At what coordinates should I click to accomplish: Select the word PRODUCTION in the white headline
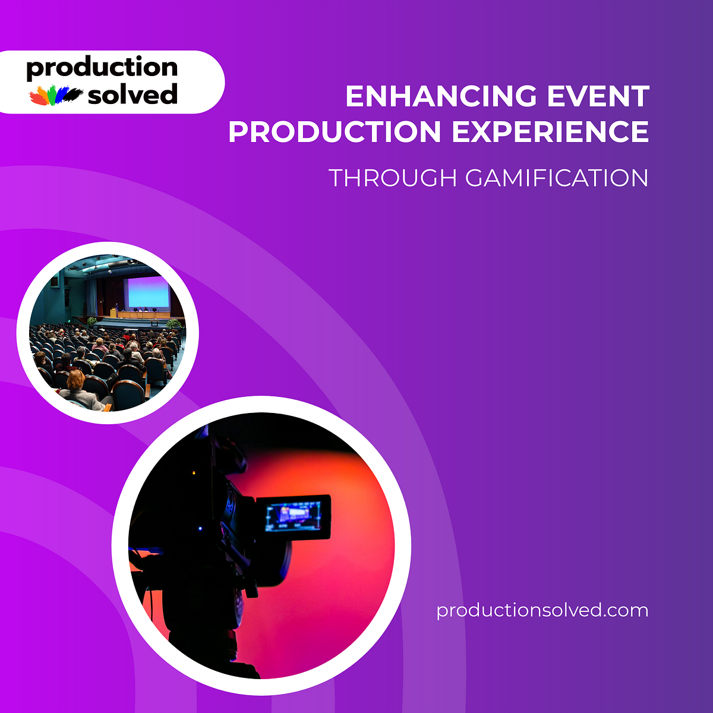(x=335, y=132)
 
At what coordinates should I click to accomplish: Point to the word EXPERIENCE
(x=550, y=132)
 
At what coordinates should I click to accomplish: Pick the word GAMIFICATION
(x=557, y=178)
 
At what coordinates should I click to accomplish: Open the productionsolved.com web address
(x=542, y=610)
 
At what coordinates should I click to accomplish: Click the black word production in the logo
(x=102, y=68)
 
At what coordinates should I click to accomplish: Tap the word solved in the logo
(x=132, y=95)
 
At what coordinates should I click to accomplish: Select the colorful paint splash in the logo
(x=56, y=95)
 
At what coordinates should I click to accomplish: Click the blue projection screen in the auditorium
(x=146, y=292)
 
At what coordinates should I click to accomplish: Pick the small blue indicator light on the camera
(x=200, y=528)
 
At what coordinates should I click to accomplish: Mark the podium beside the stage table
(x=113, y=313)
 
